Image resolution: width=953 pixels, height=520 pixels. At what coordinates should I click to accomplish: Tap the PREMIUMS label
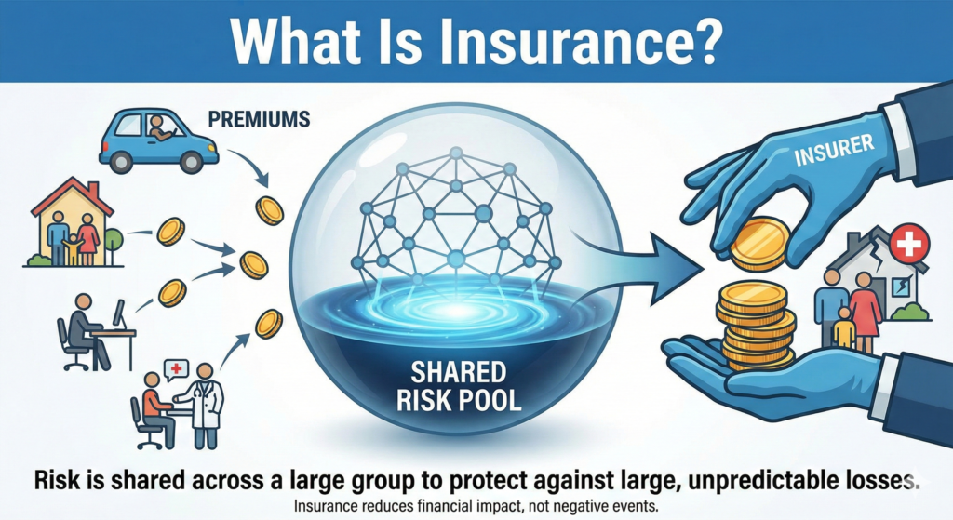pos(259,119)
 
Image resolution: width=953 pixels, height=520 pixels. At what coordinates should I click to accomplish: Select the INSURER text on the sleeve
pos(834,150)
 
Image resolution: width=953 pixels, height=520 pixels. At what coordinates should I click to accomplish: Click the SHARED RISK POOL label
pos(459,386)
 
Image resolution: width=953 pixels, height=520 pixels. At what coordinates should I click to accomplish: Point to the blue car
pos(158,141)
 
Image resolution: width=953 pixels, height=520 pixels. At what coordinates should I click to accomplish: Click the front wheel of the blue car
pos(192,162)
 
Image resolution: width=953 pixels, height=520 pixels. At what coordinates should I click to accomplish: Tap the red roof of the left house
pos(73,195)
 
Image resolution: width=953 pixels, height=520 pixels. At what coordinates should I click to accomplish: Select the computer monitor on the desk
pos(118,313)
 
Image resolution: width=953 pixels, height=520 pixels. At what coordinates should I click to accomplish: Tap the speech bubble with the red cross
pos(176,369)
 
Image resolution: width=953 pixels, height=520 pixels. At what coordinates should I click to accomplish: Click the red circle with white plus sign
pos(909,245)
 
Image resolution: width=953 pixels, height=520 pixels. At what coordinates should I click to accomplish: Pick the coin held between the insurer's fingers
pos(759,245)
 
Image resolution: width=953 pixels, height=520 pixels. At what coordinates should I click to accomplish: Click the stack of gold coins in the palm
pos(756,326)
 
